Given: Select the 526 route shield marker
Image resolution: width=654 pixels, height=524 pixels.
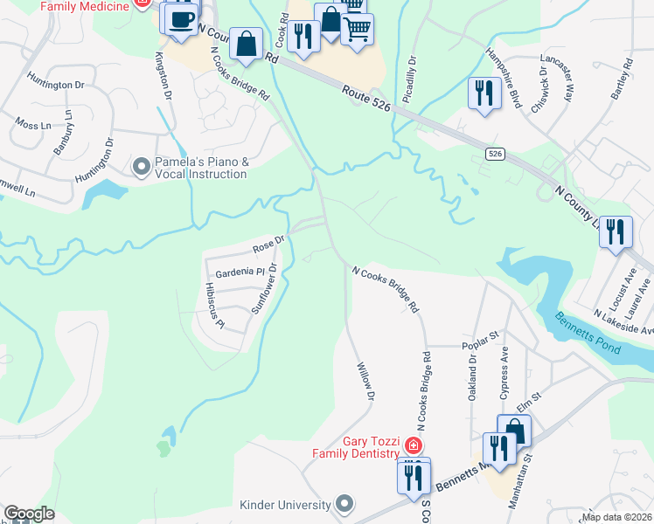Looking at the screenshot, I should [496, 154].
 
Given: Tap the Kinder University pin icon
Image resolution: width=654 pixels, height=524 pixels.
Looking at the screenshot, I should [345, 504].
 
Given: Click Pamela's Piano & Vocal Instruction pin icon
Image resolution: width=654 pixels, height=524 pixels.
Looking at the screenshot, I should [141, 166].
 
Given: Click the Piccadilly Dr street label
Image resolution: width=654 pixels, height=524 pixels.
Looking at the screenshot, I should [414, 78].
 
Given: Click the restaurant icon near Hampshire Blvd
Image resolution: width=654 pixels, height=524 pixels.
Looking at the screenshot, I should [484, 92].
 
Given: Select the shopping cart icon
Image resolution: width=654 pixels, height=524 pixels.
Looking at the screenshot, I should [357, 29].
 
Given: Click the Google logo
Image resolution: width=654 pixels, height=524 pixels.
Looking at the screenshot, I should [28, 514].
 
